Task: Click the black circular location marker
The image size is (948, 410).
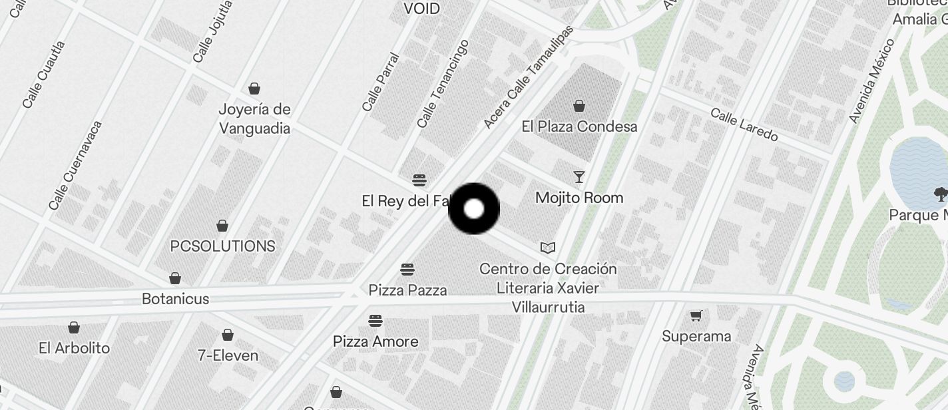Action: (x=474, y=209)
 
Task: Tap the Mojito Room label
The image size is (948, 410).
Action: (x=579, y=198)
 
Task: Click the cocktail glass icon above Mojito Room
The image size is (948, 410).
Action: (x=579, y=177)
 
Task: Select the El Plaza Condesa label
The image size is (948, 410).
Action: (x=579, y=126)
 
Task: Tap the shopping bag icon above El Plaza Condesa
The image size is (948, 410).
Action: (x=579, y=106)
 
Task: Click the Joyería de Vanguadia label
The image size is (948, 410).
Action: (x=255, y=118)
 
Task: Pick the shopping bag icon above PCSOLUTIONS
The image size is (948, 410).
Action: (x=222, y=226)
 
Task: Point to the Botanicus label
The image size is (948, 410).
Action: (x=176, y=299)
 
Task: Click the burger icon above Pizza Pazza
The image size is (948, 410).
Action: (x=407, y=270)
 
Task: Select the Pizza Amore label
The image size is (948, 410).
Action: (x=375, y=341)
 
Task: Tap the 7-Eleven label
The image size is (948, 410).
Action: (x=228, y=355)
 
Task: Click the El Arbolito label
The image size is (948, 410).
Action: (x=74, y=347)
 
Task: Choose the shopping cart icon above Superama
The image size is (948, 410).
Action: (x=696, y=315)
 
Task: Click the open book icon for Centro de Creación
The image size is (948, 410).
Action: (x=548, y=248)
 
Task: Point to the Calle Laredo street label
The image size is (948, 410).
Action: (x=744, y=124)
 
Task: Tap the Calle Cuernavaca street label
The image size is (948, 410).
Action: (x=75, y=165)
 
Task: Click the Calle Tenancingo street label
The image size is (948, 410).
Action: (x=443, y=84)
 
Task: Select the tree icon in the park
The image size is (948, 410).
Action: (x=941, y=194)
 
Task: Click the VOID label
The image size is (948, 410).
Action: (x=422, y=9)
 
